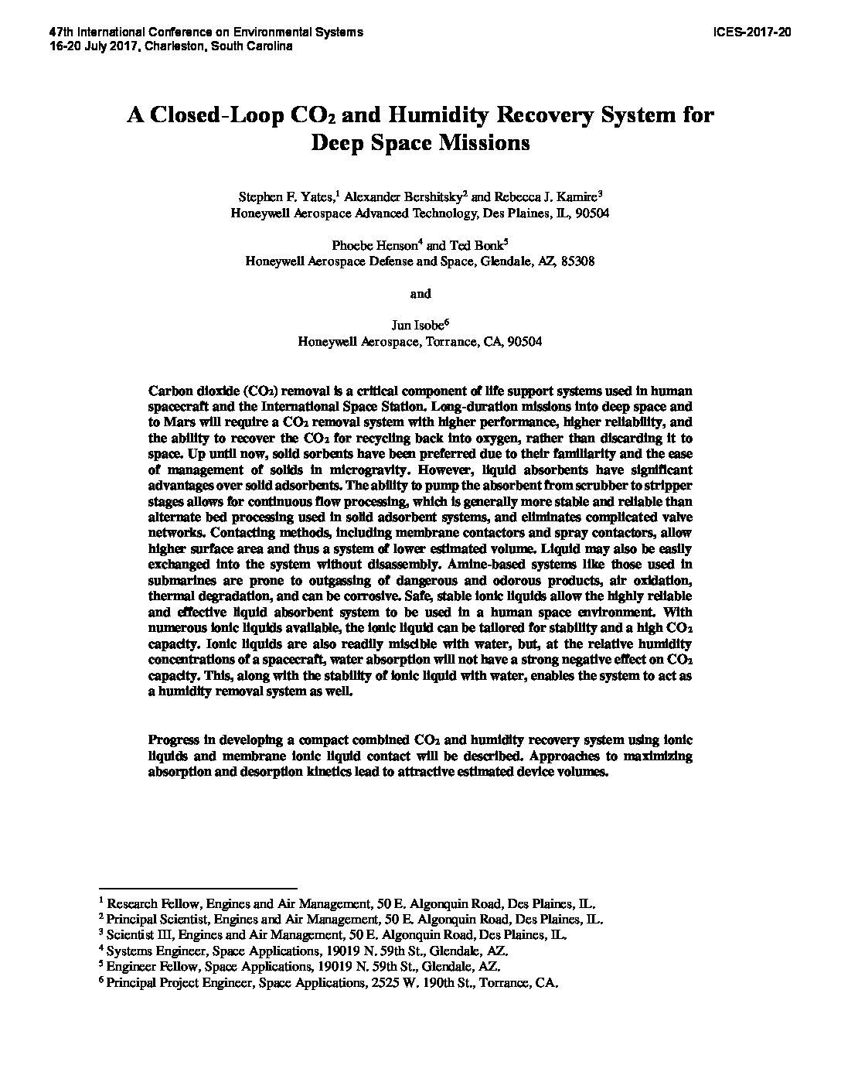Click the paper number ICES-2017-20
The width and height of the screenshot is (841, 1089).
point(754,33)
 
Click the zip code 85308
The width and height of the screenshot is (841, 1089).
point(576,261)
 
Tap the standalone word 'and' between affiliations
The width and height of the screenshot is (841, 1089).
point(420,294)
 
